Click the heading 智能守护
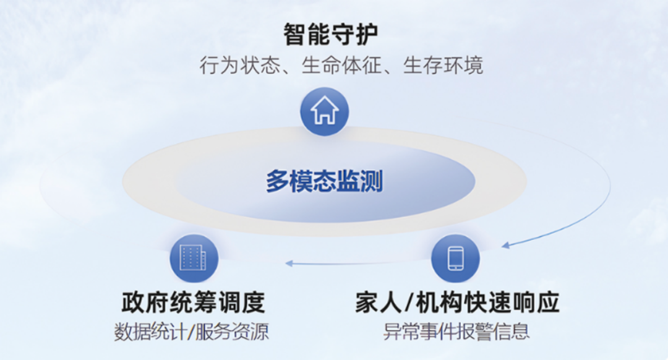(x=330, y=34)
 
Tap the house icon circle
(x=325, y=111)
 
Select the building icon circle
(x=194, y=258)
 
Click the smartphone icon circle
(x=455, y=258)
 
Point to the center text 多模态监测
(x=325, y=181)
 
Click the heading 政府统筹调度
(x=193, y=302)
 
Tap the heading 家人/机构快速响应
(x=457, y=302)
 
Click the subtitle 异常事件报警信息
(x=456, y=332)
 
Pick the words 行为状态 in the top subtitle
(x=240, y=66)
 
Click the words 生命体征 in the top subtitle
(x=341, y=66)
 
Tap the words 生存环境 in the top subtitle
(x=443, y=66)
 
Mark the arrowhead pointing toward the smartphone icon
(x=506, y=245)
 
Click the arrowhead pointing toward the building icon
(x=289, y=264)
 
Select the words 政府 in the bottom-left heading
(x=145, y=302)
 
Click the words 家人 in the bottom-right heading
(x=379, y=302)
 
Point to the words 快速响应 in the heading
(x=512, y=302)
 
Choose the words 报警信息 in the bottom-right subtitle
(x=494, y=332)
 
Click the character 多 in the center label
(x=277, y=181)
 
